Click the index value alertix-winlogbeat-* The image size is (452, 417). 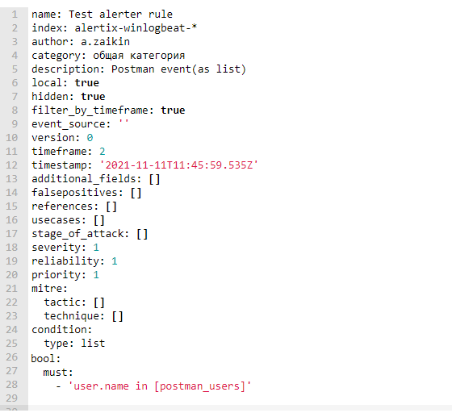coord(136,28)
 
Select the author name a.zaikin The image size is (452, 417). coord(105,42)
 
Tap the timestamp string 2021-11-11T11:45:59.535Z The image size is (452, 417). coord(178,165)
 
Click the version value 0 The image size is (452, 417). coord(90,138)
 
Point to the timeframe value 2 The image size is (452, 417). coord(103,152)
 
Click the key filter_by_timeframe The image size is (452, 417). coord(90,111)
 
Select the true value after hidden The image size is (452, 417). coord(93,97)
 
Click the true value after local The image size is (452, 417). coord(87,83)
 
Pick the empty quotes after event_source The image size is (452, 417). coord(123,122)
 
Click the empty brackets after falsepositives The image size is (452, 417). coord(136,193)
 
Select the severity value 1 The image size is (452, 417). coord(96,248)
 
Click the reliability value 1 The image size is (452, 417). coord(115,261)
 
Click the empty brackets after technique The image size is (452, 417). coord(118,316)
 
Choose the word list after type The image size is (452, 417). coord(93,344)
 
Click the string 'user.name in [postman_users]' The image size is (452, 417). coord(160,386)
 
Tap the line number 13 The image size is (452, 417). coord(12,179)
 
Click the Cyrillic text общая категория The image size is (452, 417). coord(139,56)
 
